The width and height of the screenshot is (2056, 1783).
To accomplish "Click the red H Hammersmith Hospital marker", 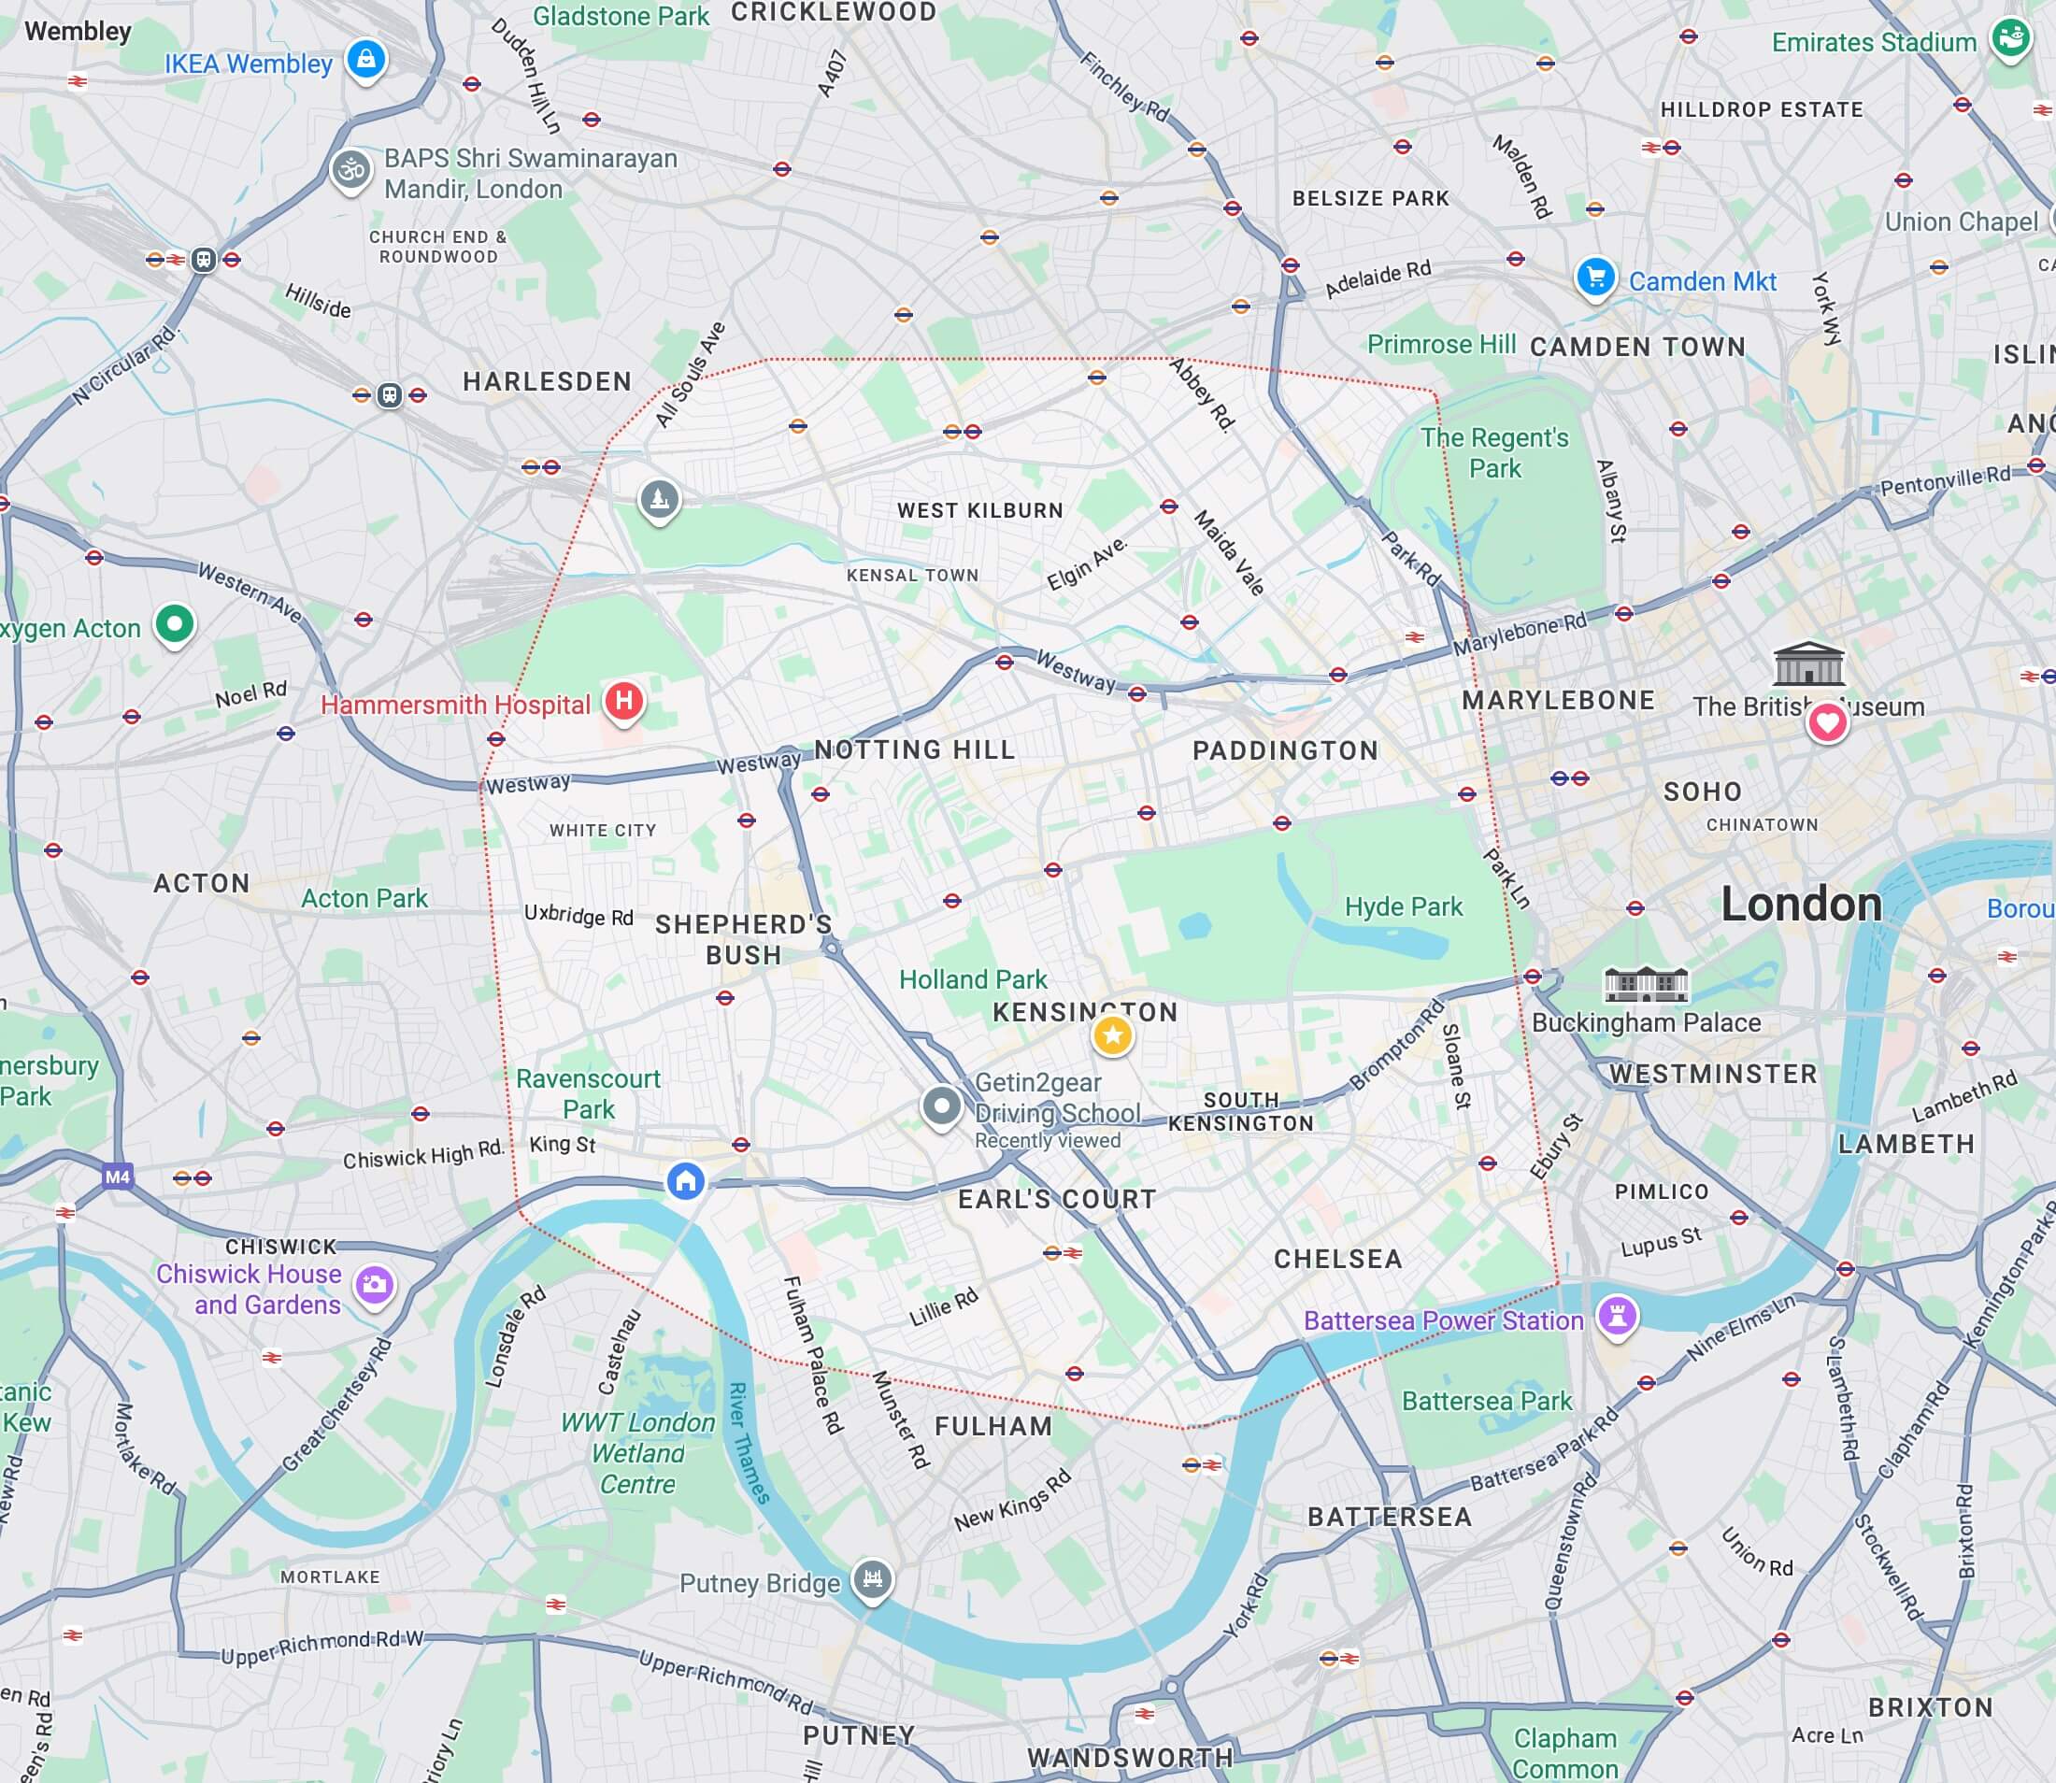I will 624,701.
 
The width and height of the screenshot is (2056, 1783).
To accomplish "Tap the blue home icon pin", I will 685,1181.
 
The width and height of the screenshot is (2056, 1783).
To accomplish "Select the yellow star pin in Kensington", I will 1113,1035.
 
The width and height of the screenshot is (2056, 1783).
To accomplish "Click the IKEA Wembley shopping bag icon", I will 365,59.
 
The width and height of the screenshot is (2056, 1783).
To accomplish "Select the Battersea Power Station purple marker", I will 1617,1316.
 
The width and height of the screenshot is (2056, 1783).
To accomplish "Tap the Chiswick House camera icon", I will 374,1285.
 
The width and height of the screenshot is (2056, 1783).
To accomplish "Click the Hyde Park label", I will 1403,906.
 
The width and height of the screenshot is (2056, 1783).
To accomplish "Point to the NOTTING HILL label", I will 915,749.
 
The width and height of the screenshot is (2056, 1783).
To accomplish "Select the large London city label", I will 1801,904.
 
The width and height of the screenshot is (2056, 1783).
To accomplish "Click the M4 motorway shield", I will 118,1177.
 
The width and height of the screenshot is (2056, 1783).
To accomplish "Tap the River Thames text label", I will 750,1443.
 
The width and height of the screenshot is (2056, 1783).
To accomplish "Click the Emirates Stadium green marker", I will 2009,39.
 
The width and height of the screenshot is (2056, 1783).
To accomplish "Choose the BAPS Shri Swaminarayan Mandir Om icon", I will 351,170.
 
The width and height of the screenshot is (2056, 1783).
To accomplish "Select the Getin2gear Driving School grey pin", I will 940,1105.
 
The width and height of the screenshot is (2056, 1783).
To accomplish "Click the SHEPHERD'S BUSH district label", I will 743,939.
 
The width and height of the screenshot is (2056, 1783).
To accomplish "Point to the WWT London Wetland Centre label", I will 637,1453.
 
